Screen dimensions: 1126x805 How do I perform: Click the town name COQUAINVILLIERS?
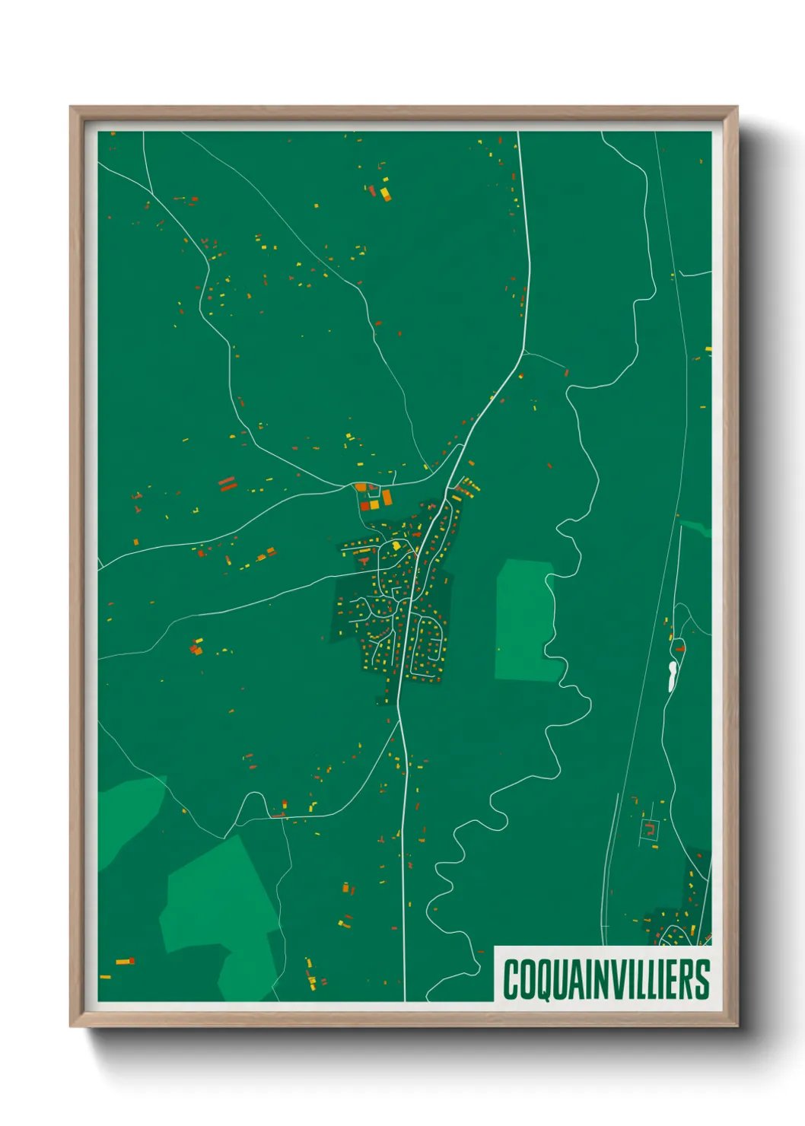pyautogui.click(x=606, y=979)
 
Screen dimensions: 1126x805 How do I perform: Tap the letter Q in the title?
pyautogui.click(x=542, y=980)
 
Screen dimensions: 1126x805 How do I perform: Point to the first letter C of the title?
pyautogui.click(x=511, y=979)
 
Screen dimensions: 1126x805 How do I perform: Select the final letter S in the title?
pyautogui.click(x=702, y=979)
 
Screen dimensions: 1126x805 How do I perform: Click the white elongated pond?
pyautogui.click(x=672, y=676)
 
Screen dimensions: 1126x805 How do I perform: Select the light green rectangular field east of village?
pyautogui.click(x=523, y=620)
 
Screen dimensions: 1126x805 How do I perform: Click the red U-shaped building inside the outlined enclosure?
pyautogui.click(x=651, y=829)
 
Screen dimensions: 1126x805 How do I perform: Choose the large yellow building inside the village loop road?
pyautogui.click(x=396, y=546)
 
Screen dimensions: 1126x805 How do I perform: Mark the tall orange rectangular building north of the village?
pyautogui.click(x=387, y=498)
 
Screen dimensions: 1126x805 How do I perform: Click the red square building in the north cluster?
pyautogui.click(x=364, y=505)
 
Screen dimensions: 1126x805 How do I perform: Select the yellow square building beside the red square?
pyautogui.click(x=374, y=504)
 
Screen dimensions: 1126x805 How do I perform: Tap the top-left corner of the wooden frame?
pyautogui.click(x=71, y=107)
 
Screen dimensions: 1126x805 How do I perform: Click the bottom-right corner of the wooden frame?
pyautogui.click(x=737, y=1026)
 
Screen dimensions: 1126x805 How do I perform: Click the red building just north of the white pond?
pyautogui.click(x=679, y=649)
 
